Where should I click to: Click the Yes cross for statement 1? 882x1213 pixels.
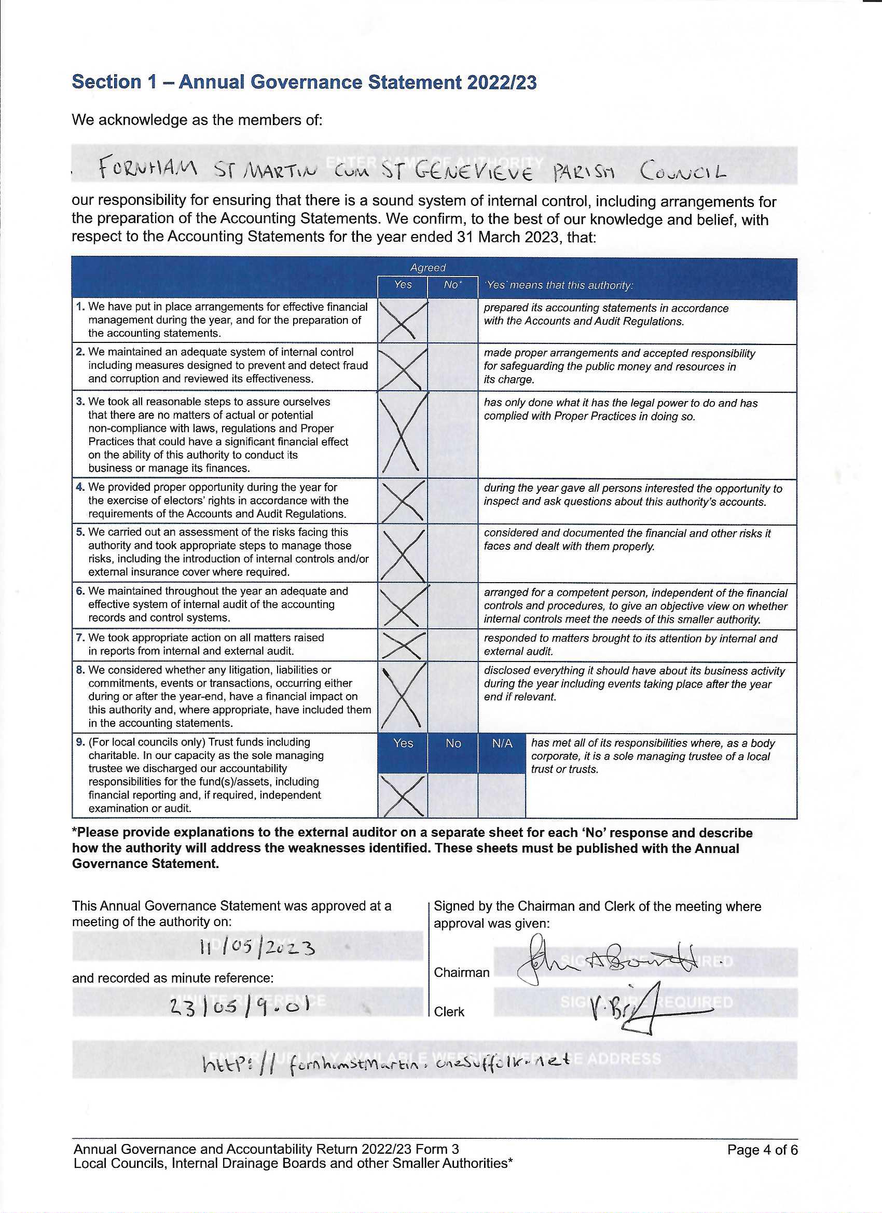402,321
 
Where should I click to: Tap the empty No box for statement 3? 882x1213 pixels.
452,435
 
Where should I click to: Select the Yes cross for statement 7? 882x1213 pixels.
402,645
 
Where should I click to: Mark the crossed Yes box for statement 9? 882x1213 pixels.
402,795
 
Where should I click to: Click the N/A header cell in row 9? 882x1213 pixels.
502,743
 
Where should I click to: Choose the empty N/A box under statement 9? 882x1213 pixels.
502,795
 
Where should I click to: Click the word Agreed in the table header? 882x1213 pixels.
428,267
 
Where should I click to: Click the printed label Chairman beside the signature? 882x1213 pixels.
461,972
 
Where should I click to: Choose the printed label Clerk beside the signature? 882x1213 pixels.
449,1012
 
